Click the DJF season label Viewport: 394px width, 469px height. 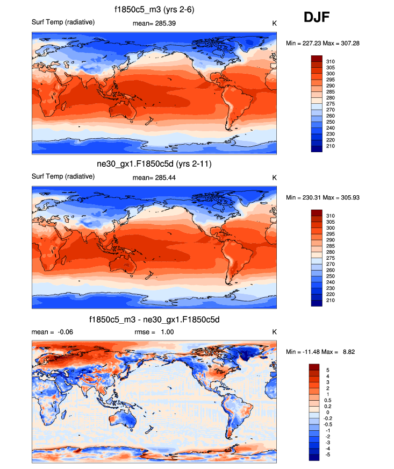317,18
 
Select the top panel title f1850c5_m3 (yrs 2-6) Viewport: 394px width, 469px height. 154,10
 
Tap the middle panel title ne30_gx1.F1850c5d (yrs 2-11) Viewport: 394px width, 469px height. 154,164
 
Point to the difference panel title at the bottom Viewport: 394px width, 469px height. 154,320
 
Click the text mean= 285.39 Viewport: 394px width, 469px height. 154,23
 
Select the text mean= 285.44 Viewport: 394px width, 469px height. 154,177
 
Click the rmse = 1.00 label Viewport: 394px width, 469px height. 154,332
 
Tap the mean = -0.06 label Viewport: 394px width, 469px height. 52,332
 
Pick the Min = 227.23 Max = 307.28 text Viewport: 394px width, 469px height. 322,42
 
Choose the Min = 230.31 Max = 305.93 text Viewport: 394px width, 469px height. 322,197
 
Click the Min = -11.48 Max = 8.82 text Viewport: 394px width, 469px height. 321,351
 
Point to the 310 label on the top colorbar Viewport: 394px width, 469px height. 331,61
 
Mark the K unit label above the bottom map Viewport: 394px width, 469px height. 274,332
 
